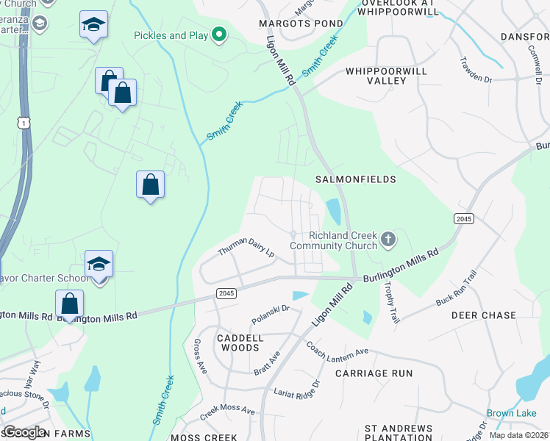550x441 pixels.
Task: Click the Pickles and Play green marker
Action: point(218,35)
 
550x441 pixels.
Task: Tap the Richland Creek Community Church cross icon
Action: point(389,239)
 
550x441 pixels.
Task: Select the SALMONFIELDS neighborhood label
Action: point(355,179)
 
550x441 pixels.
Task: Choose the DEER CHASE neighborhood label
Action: point(483,315)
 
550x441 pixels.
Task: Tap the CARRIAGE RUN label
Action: point(374,373)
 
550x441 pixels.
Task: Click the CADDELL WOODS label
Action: point(240,343)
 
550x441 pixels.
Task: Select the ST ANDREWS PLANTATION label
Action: point(399,433)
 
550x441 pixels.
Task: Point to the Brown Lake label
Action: point(511,414)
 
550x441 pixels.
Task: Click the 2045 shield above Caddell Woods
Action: point(226,293)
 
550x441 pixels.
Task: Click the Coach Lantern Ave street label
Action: point(337,350)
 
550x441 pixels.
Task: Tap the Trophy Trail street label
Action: point(390,305)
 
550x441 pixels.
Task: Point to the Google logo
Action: point(24,432)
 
